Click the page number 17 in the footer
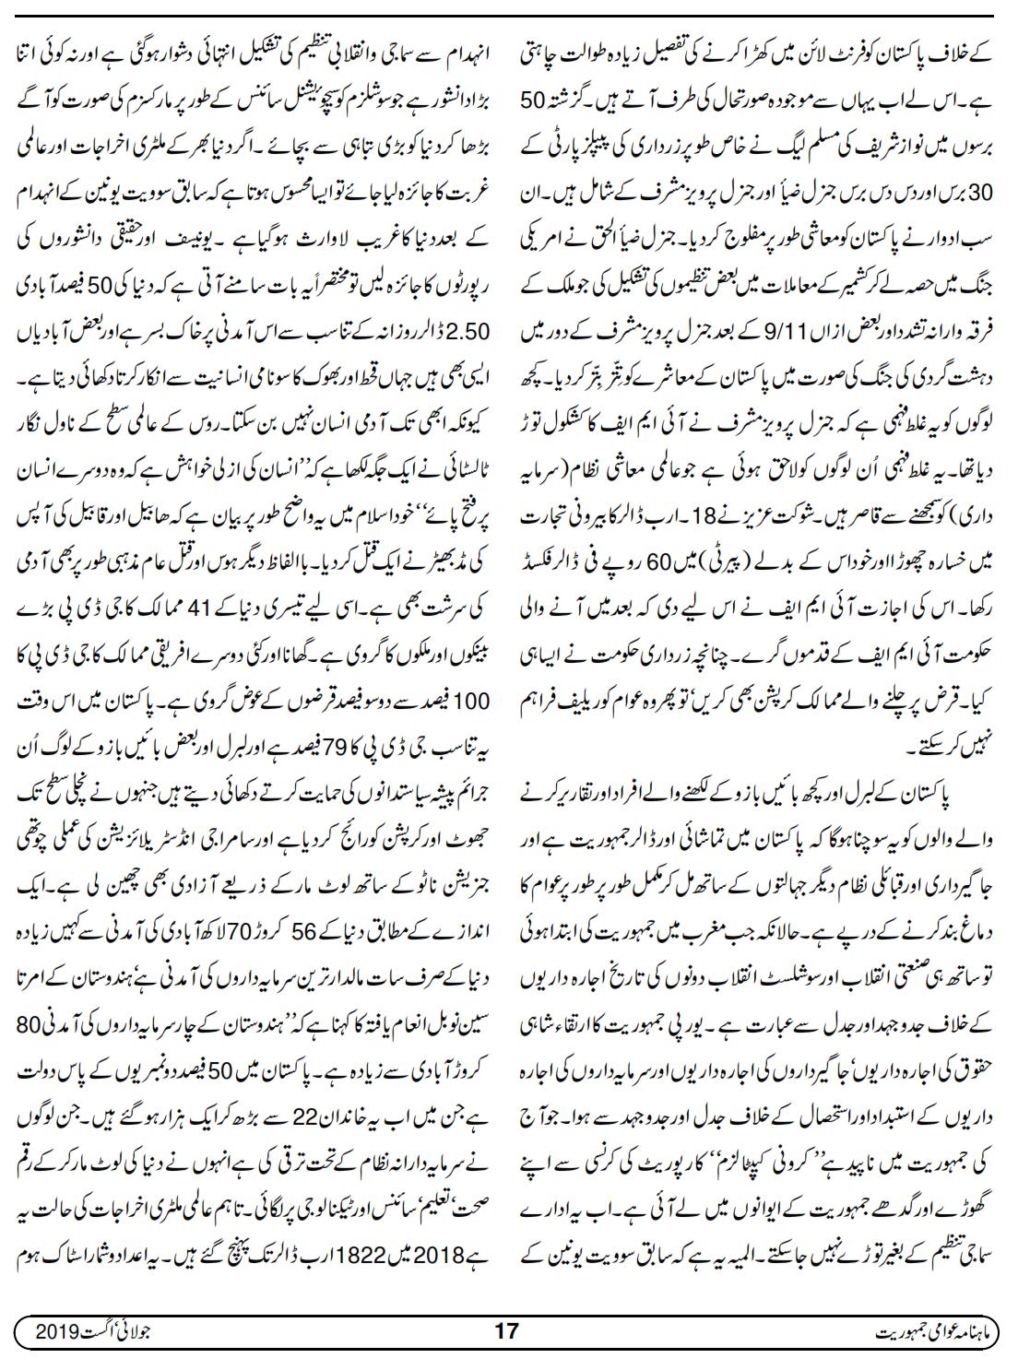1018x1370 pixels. [507, 1332]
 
